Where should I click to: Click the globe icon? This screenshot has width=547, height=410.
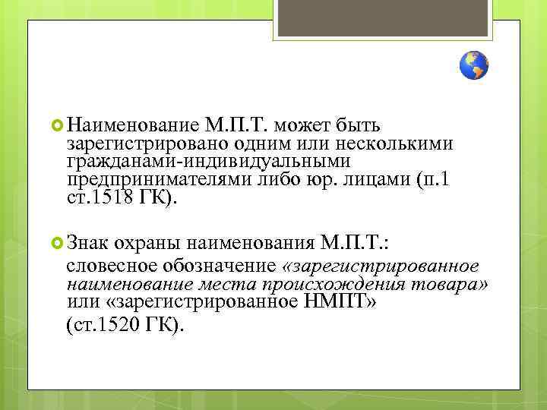[474, 66]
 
